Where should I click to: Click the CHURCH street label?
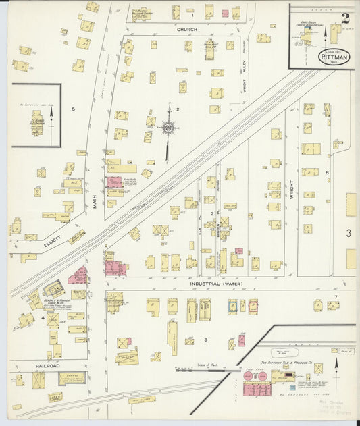(x=186, y=30)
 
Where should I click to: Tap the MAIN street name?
(x=96, y=201)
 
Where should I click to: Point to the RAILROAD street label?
(x=30, y=365)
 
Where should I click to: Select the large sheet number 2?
(x=344, y=18)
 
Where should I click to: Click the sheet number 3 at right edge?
(x=349, y=233)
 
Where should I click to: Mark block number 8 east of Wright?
(x=326, y=174)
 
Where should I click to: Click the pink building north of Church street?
(x=226, y=14)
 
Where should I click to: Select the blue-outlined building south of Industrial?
(x=232, y=306)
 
